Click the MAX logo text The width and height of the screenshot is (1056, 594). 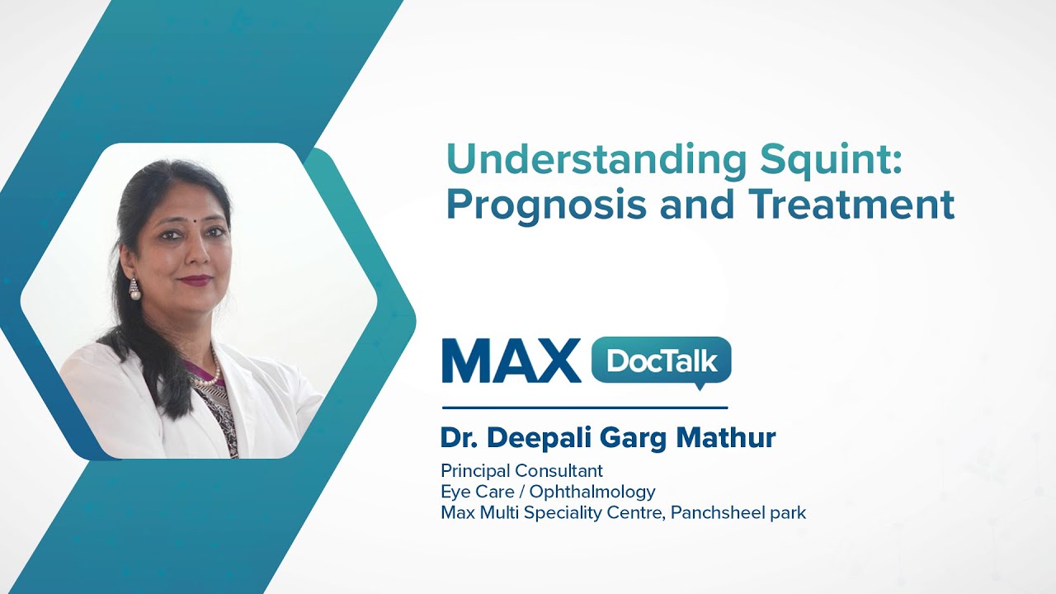click(511, 361)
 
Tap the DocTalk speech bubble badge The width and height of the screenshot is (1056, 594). click(662, 361)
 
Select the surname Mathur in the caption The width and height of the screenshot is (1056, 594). click(726, 438)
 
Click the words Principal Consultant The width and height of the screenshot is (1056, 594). click(521, 471)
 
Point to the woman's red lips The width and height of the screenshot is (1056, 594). click(196, 280)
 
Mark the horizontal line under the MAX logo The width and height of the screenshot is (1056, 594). click(584, 408)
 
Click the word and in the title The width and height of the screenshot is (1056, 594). click(701, 205)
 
